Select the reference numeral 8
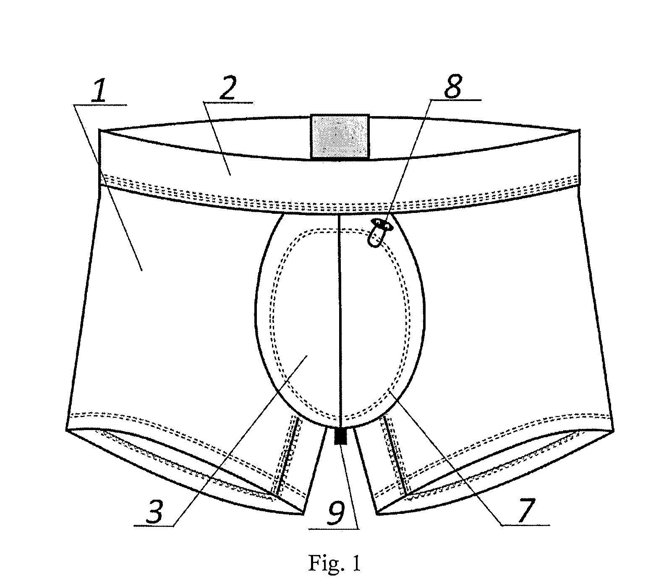coord(452,86)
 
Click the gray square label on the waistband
coord(340,137)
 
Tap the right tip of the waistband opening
coord(579,130)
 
